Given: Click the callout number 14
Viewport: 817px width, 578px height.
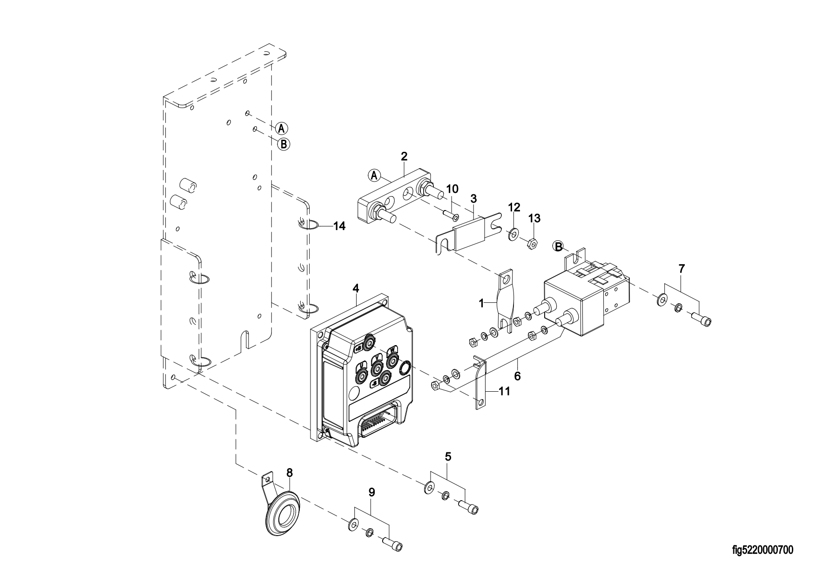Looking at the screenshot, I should (x=339, y=226).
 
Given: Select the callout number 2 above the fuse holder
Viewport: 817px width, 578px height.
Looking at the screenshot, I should (x=404, y=156).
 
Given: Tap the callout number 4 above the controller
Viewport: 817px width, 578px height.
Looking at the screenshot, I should (x=356, y=288).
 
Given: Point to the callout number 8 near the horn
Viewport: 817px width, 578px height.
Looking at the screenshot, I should (x=290, y=473).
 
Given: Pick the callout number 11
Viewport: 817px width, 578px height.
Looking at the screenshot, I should (x=505, y=391).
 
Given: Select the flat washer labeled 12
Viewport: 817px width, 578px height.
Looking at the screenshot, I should (x=513, y=233).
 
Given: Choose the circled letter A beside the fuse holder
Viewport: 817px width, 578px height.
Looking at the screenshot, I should (x=374, y=175).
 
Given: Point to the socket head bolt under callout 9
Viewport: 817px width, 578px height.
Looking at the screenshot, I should (x=394, y=544).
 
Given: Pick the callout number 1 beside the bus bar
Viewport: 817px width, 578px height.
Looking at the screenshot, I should (x=482, y=303).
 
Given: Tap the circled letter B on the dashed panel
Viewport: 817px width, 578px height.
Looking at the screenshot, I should (x=284, y=144).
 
